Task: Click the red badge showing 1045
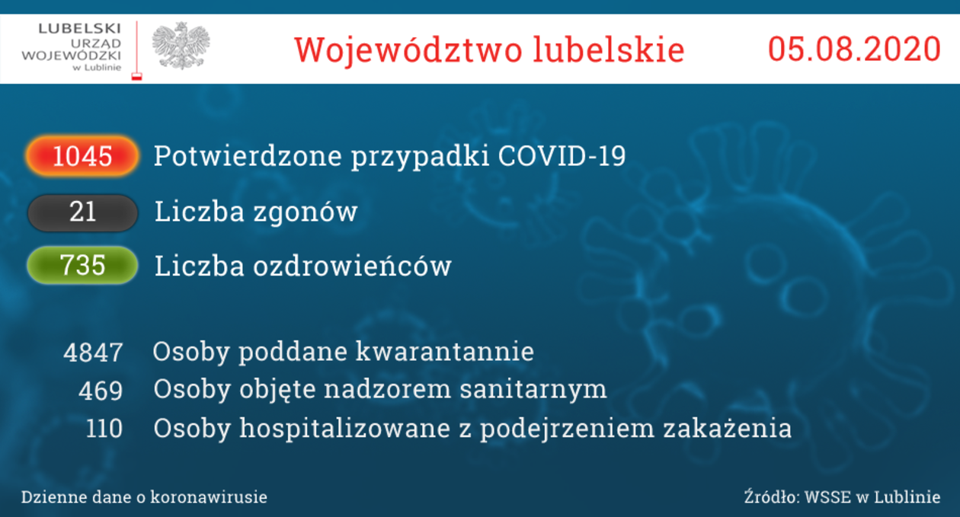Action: (82, 156)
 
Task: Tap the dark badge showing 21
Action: (82, 212)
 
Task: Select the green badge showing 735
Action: (82, 265)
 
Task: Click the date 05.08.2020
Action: (854, 49)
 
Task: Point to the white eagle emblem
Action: (181, 46)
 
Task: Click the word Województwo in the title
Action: (408, 50)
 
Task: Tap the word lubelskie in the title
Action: (609, 49)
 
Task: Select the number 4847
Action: (94, 353)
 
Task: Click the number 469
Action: (101, 391)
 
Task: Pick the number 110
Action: (104, 429)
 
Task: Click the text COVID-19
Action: (562, 155)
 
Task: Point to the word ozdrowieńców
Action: (352, 266)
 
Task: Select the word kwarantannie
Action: (445, 352)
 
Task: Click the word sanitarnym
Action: (533, 390)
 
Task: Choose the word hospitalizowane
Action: (345, 429)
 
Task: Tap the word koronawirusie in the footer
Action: (209, 497)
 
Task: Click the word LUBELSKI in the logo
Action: (80, 29)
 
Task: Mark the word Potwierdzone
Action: (248, 155)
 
